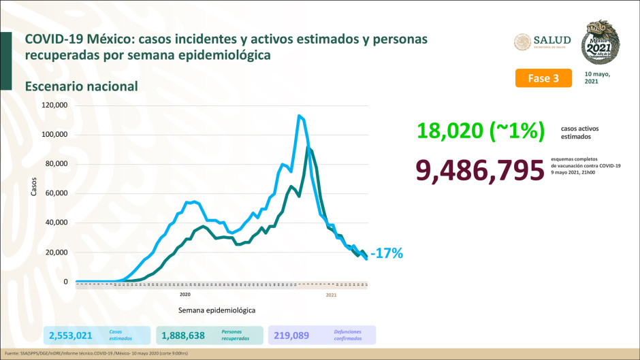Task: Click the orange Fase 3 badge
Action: pos(543,78)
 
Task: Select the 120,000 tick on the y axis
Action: pos(54,105)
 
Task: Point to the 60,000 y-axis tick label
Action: pos(57,193)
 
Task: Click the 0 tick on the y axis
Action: pos(65,282)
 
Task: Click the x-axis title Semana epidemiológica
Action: pos(217,310)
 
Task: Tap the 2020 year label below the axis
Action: pos(185,295)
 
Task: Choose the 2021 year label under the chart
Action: pos(331,295)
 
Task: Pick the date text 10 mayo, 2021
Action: pos(597,78)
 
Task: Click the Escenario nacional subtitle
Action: pos(82,86)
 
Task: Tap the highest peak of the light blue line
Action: pos(299,116)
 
